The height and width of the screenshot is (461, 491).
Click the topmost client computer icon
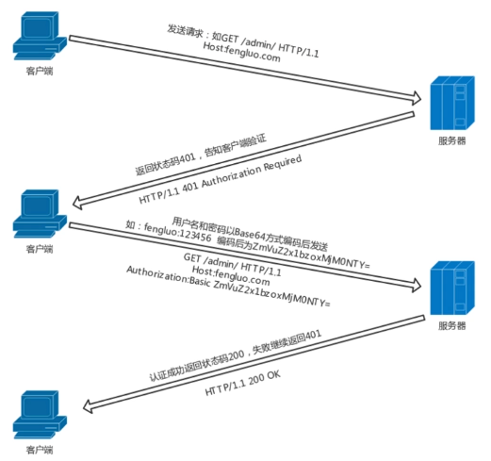click(x=40, y=36)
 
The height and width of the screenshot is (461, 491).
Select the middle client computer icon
click(x=40, y=214)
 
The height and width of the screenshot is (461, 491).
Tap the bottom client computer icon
click(x=40, y=415)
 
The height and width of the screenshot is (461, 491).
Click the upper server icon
click(x=452, y=103)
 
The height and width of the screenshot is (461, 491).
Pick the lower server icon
click(x=452, y=288)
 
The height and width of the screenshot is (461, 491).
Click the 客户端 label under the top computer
click(x=40, y=71)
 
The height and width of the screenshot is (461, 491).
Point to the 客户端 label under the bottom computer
click(x=40, y=450)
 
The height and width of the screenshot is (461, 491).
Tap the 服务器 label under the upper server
click(x=452, y=140)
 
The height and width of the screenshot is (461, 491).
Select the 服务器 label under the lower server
click(x=452, y=325)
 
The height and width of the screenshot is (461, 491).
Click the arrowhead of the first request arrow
click(x=417, y=98)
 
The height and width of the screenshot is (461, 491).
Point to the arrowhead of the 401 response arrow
click(x=77, y=203)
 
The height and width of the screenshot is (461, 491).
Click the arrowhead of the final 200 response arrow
click(x=88, y=406)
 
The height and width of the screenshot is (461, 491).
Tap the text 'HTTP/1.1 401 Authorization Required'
click(x=220, y=179)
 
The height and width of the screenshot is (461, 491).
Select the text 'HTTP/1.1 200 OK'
click(x=242, y=383)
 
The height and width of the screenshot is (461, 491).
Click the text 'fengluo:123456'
click(x=177, y=232)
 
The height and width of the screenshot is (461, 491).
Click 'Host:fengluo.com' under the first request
click(x=241, y=52)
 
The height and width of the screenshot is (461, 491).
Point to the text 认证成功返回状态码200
click(x=197, y=365)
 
